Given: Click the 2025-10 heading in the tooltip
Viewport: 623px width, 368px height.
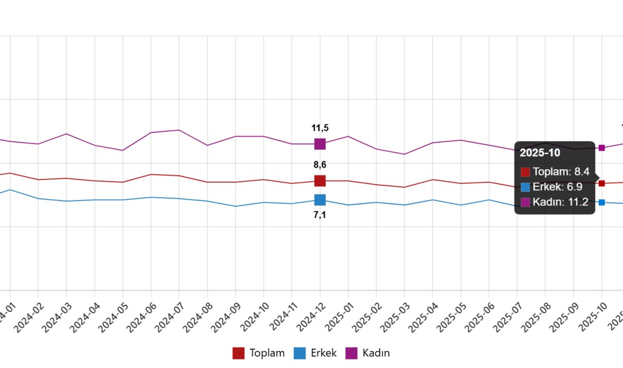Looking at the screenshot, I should (540, 153).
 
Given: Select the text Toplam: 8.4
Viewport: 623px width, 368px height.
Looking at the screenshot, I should (561, 172).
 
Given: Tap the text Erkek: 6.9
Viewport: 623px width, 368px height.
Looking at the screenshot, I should (557, 187).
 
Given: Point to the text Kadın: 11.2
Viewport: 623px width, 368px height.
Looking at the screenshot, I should (560, 202).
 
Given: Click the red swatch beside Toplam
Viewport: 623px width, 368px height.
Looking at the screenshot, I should (526, 172).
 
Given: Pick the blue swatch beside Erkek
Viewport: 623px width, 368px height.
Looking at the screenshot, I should (526, 187).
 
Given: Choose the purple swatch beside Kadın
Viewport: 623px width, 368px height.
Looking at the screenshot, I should (526, 203).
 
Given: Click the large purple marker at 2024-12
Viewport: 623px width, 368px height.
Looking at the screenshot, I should (320, 144).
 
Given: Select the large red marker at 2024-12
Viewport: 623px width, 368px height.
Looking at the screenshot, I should (320, 181).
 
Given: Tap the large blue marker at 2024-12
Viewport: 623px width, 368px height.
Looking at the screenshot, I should (320, 200).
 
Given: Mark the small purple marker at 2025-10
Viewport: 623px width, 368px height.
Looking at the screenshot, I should (601, 148).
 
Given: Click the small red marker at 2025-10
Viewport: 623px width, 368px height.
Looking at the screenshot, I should (601, 183).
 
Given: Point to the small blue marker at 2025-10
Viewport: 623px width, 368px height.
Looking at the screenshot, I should (601, 202).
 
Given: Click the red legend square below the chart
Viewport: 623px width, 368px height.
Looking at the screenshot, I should (238, 353).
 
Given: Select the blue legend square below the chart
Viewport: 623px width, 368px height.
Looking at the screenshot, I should (300, 353).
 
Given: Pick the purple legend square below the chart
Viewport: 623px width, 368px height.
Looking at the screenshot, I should (351, 353).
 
